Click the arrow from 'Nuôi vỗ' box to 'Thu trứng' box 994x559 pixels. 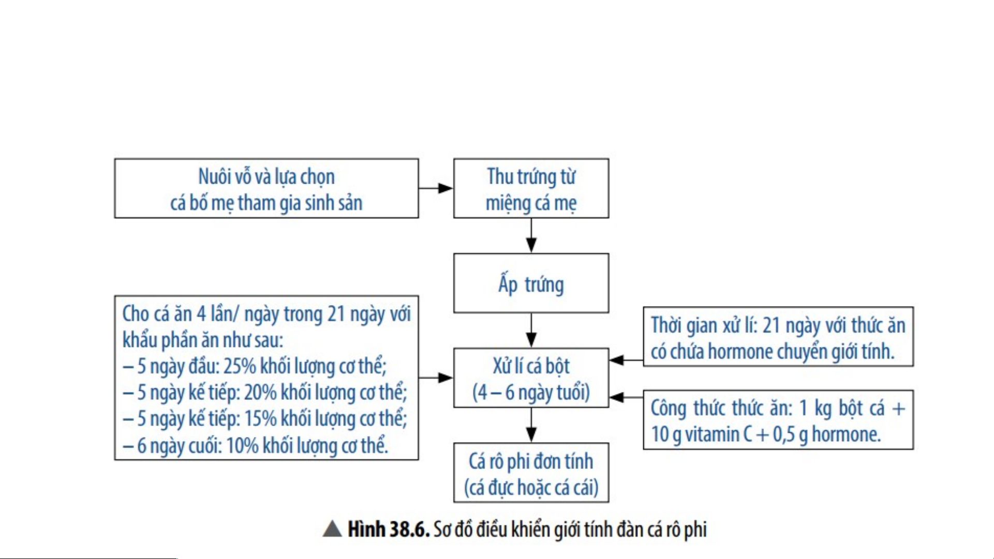click(x=436, y=188)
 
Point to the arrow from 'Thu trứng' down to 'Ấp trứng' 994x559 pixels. click(x=531, y=235)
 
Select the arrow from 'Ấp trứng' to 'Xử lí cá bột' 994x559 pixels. click(x=531, y=330)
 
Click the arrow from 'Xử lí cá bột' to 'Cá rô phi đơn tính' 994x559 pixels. click(x=531, y=425)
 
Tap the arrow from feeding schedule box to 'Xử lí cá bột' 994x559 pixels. click(x=436, y=377)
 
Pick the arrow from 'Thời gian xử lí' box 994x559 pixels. click(x=626, y=360)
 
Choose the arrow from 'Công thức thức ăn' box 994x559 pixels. click(x=626, y=397)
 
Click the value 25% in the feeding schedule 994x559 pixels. click(x=240, y=366)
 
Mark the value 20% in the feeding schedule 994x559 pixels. click(x=260, y=392)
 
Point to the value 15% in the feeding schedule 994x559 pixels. click(x=260, y=419)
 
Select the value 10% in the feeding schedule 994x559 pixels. click(x=243, y=446)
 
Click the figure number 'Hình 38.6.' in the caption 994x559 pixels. click(x=389, y=530)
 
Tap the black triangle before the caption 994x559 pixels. click(x=332, y=529)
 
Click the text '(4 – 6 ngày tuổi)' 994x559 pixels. click(x=531, y=392)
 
